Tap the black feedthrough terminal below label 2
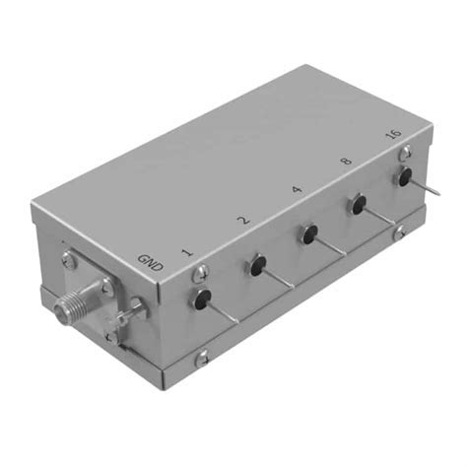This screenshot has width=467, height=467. pyautogui.click(x=258, y=264)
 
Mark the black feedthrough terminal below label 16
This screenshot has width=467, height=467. pyautogui.click(x=404, y=178)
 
